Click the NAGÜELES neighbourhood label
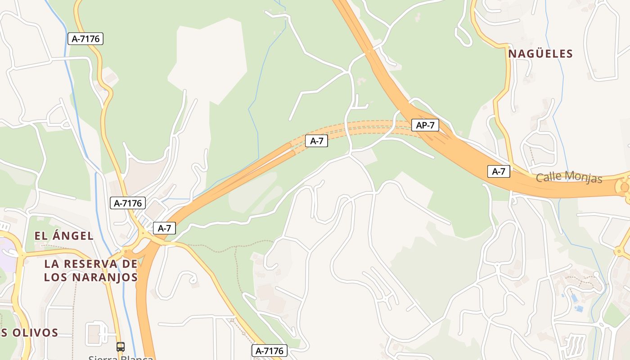540,54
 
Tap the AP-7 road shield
425,125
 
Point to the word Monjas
585,178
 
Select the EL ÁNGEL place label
64,235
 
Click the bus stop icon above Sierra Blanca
120,346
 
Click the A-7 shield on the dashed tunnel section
316,141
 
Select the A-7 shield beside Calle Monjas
499,171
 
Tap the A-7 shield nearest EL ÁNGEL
164,228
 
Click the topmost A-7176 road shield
85,39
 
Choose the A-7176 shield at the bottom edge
269,351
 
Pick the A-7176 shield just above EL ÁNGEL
128,203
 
